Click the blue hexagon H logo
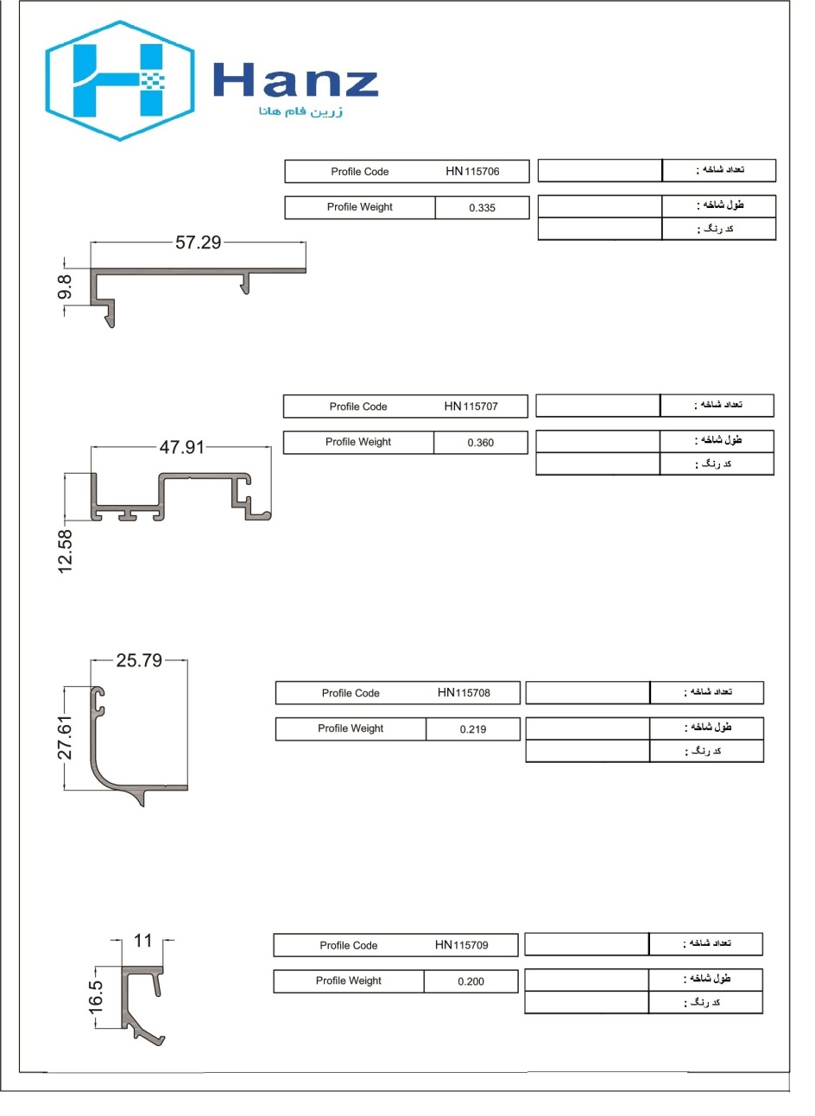120,80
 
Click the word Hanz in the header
295,79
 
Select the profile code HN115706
472,172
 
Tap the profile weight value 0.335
482,208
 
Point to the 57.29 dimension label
198,243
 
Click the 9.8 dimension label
65,287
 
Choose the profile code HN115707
471,407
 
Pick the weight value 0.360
481,443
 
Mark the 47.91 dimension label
181,447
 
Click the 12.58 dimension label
66,552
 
